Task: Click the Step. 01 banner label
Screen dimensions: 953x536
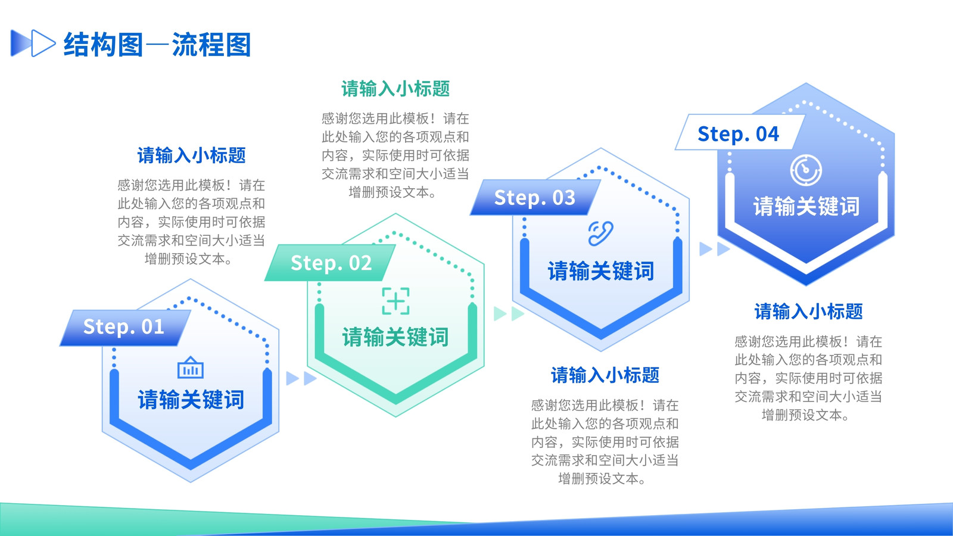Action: click(x=124, y=327)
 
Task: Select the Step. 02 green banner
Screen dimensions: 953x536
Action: click(x=330, y=263)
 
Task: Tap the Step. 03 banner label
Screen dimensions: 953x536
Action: click(x=535, y=198)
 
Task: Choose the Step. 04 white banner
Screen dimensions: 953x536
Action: click(x=740, y=132)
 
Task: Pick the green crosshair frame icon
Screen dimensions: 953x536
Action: click(x=395, y=301)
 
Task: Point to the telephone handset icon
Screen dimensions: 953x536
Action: click(x=601, y=233)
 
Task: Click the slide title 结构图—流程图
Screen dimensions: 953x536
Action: click(x=157, y=44)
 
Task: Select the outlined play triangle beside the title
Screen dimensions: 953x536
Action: click(x=42, y=43)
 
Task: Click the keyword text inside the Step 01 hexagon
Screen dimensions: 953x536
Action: click(x=191, y=400)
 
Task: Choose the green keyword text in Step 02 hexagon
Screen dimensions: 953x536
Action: click(x=395, y=337)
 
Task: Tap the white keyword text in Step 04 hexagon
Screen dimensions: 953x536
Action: click(x=806, y=206)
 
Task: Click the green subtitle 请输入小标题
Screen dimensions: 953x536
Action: click(x=395, y=89)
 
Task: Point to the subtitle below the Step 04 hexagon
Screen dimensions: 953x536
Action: click(x=808, y=311)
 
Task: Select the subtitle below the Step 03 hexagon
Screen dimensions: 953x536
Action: click(x=605, y=375)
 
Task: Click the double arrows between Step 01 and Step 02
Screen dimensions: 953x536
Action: click(x=301, y=378)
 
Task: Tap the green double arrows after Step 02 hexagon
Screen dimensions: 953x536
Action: click(x=509, y=314)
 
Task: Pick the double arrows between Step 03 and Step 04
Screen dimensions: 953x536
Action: click(x=715, y=249)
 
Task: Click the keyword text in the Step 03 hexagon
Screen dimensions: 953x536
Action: click(x=601, y=272)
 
